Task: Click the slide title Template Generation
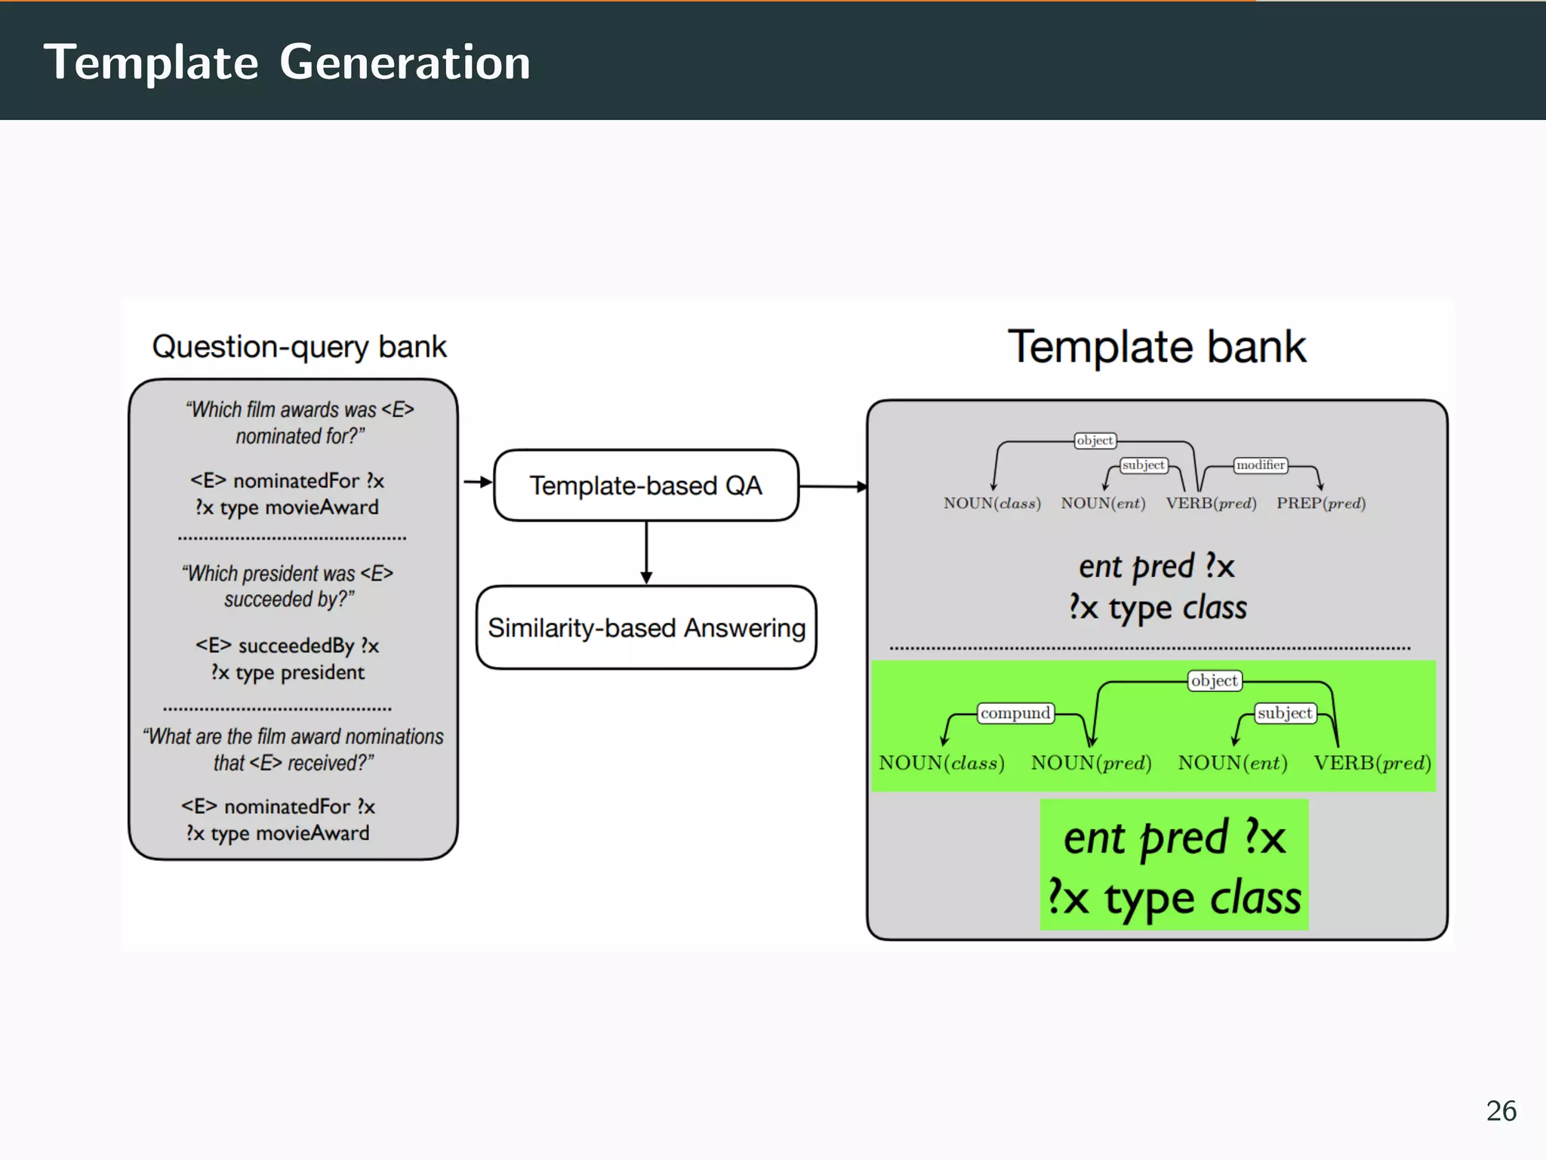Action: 287,62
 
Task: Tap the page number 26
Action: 1501,1111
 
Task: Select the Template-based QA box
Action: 646,486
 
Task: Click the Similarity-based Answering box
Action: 646,628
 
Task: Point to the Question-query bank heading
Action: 299,347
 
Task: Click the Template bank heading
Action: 1156,347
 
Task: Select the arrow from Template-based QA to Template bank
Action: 833,486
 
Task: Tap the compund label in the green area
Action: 1015,713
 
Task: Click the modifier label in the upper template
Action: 1261,465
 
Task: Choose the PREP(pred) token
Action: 1321,503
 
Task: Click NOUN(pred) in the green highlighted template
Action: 1091,763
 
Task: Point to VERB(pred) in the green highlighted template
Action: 1372,763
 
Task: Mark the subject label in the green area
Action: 1285,713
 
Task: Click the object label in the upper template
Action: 1095,440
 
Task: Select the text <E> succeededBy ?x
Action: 287,646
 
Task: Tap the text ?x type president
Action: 287,672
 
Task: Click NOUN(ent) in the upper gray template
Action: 1103,503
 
